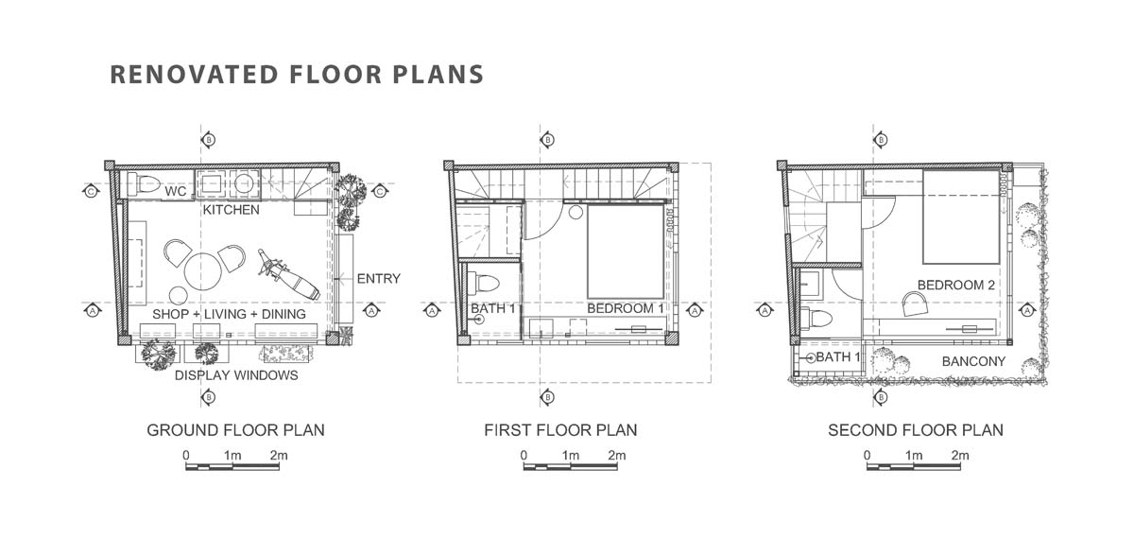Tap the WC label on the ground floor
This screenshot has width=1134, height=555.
click(176, 191)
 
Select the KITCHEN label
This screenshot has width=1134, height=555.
click(231, 210)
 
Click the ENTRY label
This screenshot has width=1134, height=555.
click(379, 279)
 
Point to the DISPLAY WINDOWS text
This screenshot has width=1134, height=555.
click(236, 375)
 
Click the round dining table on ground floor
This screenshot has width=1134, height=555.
click(203, 271)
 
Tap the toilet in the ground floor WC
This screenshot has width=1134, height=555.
click(144, 183)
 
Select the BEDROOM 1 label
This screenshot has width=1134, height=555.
click(626, 308)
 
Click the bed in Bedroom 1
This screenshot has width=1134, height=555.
click(626, 251)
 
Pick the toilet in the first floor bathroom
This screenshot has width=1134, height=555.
click(484, 283)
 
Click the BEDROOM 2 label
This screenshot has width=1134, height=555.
click(955, 286)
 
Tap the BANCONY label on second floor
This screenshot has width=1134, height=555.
click(973, 361)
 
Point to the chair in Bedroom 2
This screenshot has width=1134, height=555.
click(916, 304)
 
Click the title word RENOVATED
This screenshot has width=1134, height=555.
click(194, 74)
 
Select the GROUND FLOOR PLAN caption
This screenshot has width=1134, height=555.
click(235, 430)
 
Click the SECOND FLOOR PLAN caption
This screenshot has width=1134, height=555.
click(916, 430)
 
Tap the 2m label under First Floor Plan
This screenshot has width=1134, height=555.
click(616, 455)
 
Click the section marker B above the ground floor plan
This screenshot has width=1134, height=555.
click(208, 139)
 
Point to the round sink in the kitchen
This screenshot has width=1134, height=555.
click(244, 182)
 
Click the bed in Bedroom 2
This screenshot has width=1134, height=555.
click(961, 217)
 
